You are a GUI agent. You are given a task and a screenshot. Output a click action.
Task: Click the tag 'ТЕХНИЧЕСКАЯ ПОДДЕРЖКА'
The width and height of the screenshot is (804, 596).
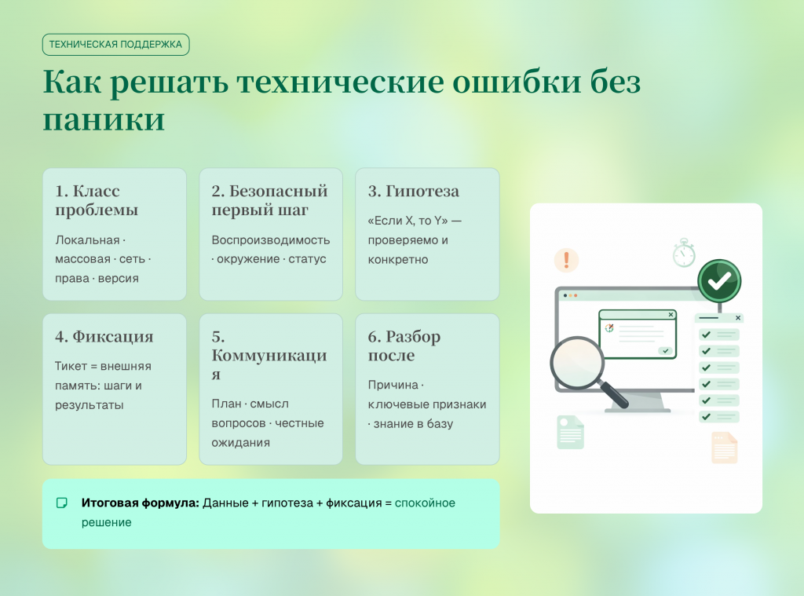[116, 45]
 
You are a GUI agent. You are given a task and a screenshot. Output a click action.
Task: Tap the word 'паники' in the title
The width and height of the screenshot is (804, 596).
[104, 120]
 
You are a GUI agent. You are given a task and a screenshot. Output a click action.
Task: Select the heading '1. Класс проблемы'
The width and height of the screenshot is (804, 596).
[97, 200]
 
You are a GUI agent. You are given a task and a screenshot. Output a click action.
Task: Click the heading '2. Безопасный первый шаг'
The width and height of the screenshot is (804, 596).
[270, 200]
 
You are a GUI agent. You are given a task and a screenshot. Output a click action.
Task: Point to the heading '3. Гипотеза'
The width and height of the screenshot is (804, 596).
[413, 192]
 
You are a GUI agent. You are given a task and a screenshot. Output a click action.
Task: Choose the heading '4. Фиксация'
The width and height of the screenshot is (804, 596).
[104, 336]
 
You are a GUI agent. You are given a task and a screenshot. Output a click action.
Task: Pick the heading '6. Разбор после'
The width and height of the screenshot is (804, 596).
[404, 346]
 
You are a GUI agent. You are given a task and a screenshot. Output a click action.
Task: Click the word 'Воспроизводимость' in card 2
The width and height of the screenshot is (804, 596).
[271, 240]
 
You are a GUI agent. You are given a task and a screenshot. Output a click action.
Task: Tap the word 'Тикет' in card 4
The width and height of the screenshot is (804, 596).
[71, 366]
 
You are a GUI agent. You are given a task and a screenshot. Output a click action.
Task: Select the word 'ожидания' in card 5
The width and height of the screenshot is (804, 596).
[240, 443]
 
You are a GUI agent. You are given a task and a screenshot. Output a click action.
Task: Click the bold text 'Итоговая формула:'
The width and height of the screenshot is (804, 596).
[140, 503]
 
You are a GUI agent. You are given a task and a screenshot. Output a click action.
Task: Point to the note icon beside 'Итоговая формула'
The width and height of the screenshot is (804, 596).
[61, 503]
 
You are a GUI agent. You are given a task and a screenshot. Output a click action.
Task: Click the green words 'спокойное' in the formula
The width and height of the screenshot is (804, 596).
[425, 503]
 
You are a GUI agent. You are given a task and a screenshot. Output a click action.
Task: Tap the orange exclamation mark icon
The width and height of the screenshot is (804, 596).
[567, 260]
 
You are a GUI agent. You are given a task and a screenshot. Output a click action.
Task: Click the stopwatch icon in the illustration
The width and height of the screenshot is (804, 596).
[684, 253]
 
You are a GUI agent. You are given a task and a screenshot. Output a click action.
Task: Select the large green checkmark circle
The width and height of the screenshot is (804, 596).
[719, 281]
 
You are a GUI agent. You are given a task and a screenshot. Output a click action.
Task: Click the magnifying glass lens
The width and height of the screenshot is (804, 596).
[577, 363]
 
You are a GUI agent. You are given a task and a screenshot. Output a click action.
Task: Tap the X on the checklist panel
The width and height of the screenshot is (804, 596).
[738, 318]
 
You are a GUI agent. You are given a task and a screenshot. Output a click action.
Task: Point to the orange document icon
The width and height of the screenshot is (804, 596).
[725, 448]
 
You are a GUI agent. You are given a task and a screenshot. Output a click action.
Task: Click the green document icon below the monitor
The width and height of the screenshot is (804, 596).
[570, 433]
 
